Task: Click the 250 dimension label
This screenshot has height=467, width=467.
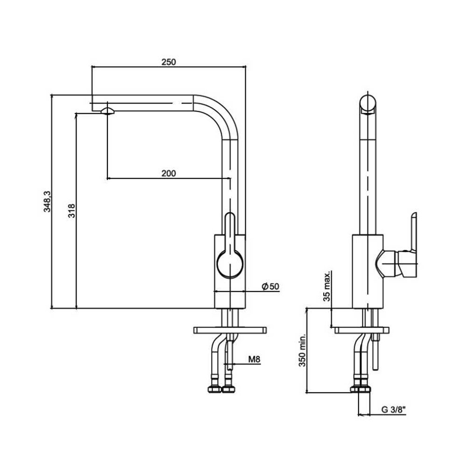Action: (x=169, y=62)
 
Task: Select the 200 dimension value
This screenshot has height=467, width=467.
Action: (x=169, y=173)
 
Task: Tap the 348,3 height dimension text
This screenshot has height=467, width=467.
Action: (x=47, y=202)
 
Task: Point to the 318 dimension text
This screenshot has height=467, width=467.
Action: (x=72, y=211)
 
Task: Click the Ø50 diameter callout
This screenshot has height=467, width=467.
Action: (x=270, y=287)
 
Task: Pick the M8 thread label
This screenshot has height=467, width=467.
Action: (x=254, y=360)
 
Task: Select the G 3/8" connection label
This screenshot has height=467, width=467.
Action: (x=394, y=410)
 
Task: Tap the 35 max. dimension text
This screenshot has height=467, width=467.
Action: (x=327, y=286)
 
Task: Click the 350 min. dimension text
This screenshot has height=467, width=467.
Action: (x=302, y=350)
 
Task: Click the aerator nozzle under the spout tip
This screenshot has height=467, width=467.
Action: (x=107, y=112)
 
